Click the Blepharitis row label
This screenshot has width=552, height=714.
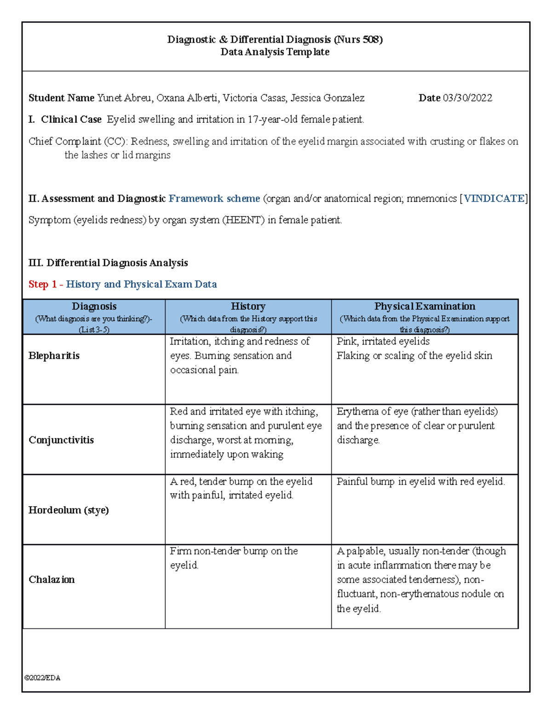tap(54, 356)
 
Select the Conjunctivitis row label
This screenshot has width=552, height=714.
tap(61, 440)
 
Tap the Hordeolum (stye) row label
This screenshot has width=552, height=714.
tap(69, 510)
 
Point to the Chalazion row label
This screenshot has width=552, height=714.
tap(52, 579)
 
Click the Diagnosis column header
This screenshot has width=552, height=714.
tap(94, 307)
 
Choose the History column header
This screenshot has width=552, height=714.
tap(248, 307)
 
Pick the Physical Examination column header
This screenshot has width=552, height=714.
tap(425, 307)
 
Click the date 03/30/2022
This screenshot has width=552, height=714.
tap(467, 98)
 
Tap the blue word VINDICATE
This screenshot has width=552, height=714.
tap(494, 199)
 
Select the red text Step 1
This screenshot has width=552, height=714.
tap(42, 284)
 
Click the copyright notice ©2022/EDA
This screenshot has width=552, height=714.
tap(42, 678)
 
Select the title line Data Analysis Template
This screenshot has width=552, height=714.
tap(275, 52)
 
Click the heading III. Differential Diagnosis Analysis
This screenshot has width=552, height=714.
tap(108, 263)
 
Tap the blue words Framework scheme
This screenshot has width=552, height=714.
tap(214, 199)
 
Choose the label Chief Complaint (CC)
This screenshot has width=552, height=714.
tap(77, 142)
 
